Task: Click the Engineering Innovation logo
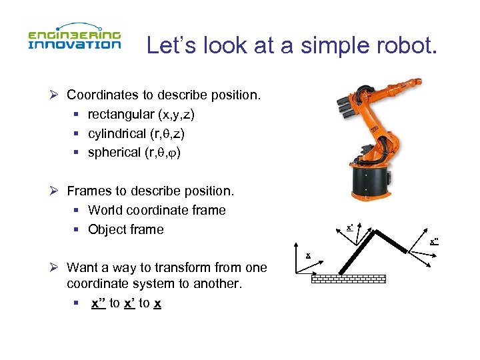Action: (74, 39)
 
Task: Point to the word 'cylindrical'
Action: (115, 133)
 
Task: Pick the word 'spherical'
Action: (114, 152)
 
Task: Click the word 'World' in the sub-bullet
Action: (105, 210)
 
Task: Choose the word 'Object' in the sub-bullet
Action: (107, 229)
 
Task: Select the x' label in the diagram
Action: (350, 228)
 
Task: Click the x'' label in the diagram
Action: (434, 241)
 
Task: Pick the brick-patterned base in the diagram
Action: (348, 279)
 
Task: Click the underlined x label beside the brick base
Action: (308, 255)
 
